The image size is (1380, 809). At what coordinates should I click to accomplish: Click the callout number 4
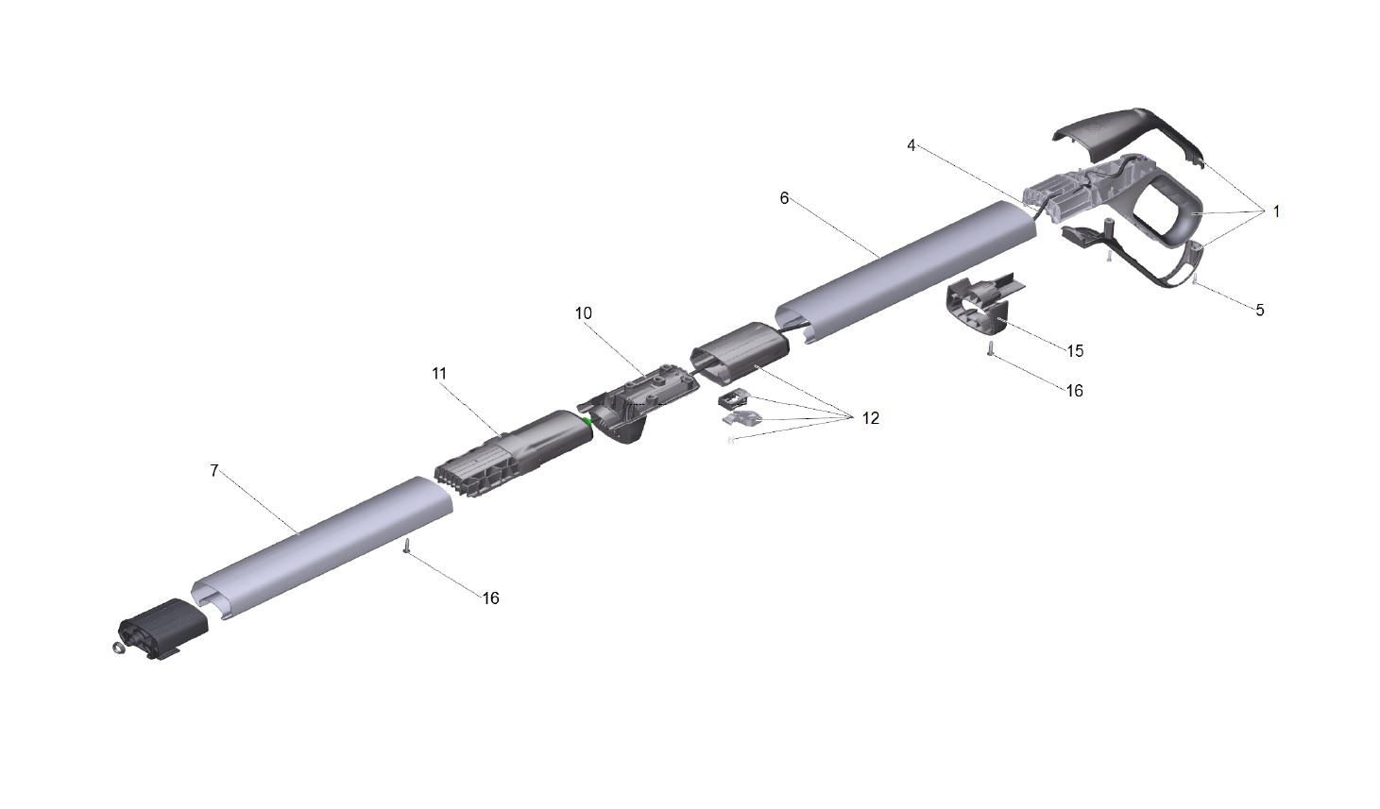911,146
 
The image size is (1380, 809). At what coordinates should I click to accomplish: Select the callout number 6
784,198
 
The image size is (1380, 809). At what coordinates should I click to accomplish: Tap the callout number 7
214,471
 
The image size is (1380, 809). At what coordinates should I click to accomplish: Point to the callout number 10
583,313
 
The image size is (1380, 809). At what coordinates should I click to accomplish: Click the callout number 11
439,374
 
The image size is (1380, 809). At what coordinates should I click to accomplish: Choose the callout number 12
871,419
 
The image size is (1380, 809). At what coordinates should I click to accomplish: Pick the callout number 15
1075,351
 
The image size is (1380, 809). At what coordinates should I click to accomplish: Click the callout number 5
1260,311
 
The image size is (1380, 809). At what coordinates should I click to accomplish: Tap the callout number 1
1276,211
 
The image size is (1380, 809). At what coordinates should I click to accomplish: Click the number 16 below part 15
1074,391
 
